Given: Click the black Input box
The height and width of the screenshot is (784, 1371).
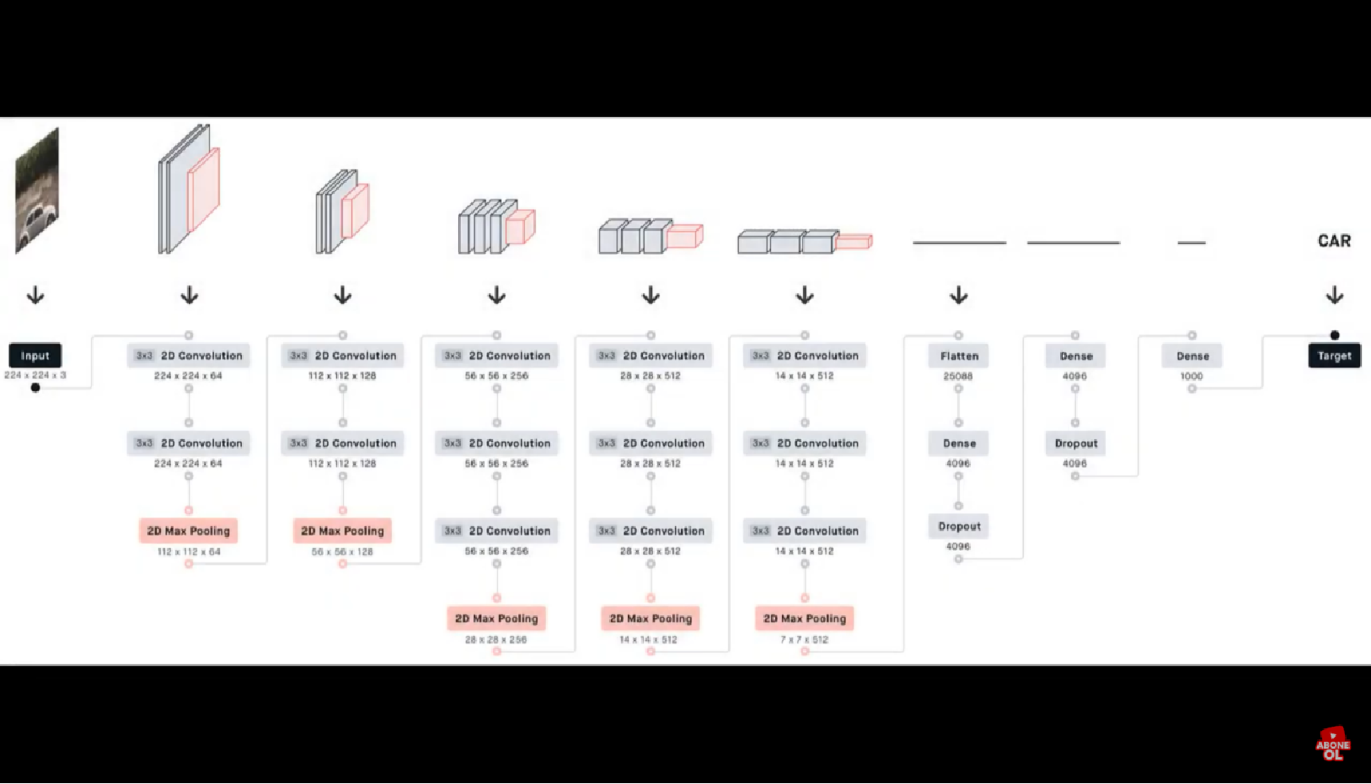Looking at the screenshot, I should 35,356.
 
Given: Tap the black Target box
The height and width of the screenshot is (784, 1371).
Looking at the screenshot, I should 1334,356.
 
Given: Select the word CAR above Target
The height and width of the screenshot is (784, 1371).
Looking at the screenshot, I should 1334,241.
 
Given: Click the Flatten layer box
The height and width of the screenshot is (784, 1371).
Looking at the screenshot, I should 959,356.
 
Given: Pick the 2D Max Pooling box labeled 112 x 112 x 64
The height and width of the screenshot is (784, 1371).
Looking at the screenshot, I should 189,531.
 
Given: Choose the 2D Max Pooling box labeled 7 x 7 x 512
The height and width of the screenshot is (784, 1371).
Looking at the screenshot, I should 805,619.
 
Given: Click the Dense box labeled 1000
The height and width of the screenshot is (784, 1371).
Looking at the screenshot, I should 1192,356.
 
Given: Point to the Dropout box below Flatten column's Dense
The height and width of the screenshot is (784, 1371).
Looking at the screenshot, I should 959,526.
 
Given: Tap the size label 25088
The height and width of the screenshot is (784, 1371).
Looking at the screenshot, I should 958,376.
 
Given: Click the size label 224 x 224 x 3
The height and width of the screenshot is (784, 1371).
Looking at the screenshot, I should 35,375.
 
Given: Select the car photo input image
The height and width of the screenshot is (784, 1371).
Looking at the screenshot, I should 37,191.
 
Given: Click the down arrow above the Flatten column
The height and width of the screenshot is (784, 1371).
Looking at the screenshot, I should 959,295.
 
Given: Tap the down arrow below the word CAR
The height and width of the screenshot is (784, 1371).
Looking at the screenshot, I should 1335,295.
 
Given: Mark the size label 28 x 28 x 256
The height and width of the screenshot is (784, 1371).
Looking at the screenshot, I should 496,640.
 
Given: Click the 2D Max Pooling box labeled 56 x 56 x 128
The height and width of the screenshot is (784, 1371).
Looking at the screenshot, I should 342,531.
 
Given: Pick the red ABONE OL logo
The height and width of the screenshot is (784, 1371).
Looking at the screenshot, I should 1332,745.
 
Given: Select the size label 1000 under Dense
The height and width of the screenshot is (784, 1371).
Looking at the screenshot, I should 1192,376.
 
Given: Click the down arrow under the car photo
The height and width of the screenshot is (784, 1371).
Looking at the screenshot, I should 35,295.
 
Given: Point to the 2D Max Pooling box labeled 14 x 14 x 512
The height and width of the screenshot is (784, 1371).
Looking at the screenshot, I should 651,619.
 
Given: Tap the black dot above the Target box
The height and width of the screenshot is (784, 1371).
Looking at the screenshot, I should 1335,336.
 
